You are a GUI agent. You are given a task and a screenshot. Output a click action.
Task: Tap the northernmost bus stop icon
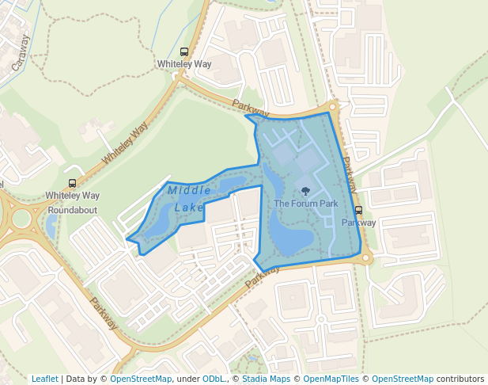[x=184, y=52]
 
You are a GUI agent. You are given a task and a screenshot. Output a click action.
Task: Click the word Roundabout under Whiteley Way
[x=72, y=210]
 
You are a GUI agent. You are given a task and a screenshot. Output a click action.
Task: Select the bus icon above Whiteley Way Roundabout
[x=73, y=184]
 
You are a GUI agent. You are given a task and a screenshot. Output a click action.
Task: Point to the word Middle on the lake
[x=189, y=190]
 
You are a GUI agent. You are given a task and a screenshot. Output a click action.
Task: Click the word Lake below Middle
[x=189, y=208]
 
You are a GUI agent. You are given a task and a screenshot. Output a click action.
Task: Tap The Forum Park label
[x=305, y=204]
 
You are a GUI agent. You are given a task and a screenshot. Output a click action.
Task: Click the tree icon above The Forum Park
[x=306, y=191]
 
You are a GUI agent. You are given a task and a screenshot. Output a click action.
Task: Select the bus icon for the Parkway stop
[x=358, y=211]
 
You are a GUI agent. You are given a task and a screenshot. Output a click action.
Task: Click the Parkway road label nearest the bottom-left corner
[x=104, y=313]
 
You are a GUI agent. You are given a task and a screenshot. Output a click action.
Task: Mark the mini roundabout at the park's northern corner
[x=333, y=106]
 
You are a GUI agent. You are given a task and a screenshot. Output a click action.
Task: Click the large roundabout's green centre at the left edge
[x=21, y=219]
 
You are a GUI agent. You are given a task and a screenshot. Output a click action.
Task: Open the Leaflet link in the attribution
[x=44, y=379]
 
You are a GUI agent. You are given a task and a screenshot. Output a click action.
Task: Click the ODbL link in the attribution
[x=213, y=379]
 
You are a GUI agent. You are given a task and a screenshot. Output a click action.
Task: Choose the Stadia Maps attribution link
[x=265, y=379]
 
